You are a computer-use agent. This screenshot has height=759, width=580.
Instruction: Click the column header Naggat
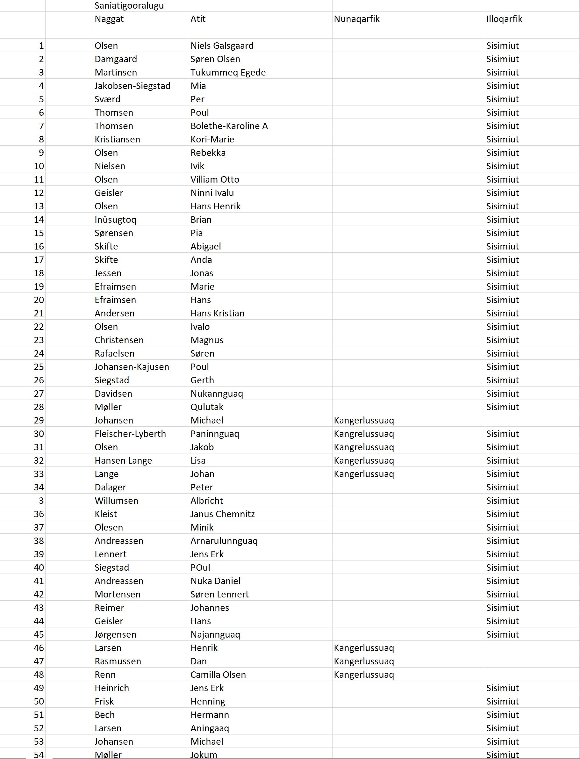click(x=109, y=19)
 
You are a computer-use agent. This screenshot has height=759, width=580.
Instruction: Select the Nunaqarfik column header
click(x=357, y=19)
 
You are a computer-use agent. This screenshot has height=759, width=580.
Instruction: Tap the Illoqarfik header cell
click(x=504, y=19)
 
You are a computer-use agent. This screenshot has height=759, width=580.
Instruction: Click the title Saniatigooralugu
click(x=129, y=5)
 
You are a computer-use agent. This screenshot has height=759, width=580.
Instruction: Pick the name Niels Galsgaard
click(x=222, y=46)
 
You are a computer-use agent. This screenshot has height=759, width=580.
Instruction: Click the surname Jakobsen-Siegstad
click(x=132, y=86)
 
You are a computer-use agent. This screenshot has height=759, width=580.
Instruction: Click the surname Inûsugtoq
click(x=116, y=220)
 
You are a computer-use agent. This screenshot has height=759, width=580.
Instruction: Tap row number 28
click(x=39, y=407)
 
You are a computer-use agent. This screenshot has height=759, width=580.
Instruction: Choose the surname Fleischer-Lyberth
click(x=130, y=434)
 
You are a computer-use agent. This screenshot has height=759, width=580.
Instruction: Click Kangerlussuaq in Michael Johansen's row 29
click(x=364, y=420)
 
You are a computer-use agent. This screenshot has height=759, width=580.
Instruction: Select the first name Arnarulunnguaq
click(x=224, y=541)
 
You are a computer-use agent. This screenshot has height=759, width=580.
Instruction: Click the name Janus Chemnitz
click(x=223, y=514)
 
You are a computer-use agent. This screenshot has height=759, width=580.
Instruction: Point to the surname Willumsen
click(x=116, y=501)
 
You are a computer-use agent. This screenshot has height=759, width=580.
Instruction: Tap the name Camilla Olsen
click(x=218, y=675)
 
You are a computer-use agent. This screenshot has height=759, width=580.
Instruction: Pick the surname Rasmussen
click(x=118, y=661)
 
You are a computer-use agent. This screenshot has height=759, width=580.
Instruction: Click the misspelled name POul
click(x=200, y=568)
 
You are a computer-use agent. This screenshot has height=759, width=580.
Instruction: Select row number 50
click(x=39, y=701)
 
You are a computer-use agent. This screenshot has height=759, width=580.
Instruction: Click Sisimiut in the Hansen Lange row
click(x=502, y=461)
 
